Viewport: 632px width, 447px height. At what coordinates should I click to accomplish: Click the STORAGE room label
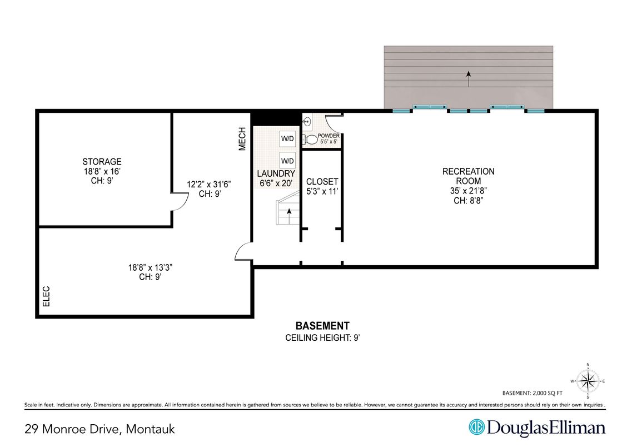point(102,162)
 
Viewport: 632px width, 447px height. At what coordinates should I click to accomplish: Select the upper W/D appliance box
point(287,138)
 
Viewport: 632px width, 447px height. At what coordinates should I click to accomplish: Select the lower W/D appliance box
point(287,161)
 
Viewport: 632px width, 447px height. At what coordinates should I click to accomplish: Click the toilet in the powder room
point(310,140)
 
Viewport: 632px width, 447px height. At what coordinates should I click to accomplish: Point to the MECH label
point(242,138)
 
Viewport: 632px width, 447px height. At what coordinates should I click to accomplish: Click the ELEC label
point(46,296)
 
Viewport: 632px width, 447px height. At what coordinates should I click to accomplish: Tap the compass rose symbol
point(588,381)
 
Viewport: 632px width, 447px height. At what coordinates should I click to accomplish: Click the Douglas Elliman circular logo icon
point(476,428)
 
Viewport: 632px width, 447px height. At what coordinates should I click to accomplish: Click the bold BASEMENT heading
point(322,326)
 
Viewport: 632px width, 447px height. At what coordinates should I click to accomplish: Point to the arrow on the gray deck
point(469,79)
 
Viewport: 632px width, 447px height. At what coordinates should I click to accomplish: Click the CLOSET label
point(322,182)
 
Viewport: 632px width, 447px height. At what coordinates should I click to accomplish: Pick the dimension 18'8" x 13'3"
point(150,267)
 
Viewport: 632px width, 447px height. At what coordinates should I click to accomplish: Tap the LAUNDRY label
point(276,174)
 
